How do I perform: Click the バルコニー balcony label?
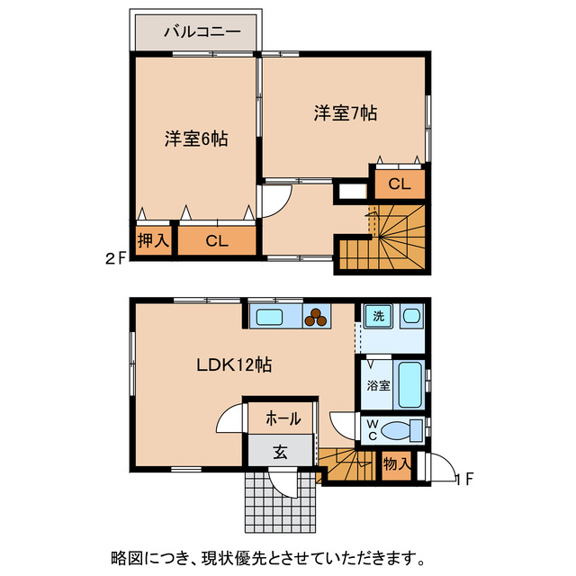tap(202, 31)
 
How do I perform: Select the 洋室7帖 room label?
tap(345, 113)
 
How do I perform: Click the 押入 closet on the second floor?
tap(153, 240)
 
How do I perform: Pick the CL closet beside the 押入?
tap(216, 240)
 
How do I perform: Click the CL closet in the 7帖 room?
tap(400, 184)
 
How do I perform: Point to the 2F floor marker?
tap(115, 258)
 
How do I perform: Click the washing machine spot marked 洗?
tap(378, 316)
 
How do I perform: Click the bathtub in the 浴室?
tap(409, 384)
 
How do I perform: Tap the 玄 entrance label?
tap(280, 453)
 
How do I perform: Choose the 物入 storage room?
tap(396, 464)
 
